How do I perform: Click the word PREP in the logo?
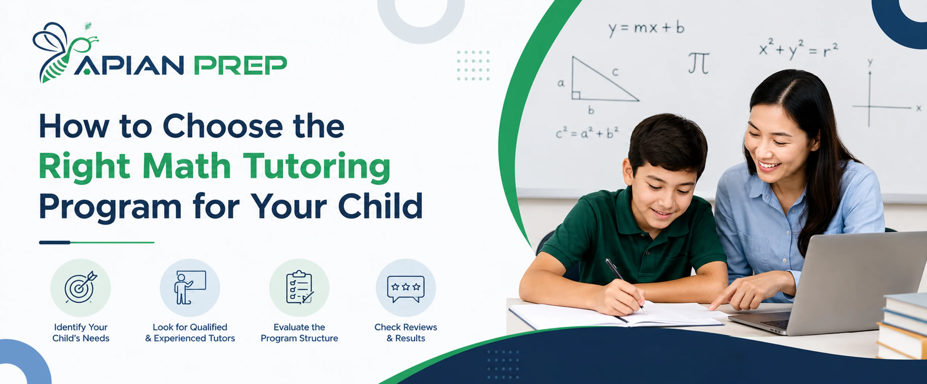240,65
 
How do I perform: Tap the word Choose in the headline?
223,126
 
